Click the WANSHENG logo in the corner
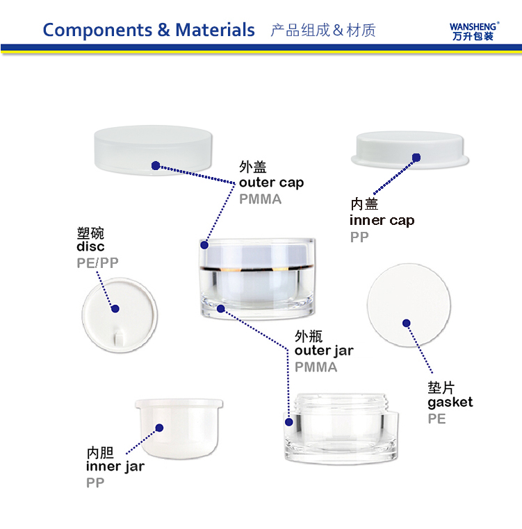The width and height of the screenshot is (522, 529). coord(474,31)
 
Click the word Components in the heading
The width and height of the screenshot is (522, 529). coord(97,31)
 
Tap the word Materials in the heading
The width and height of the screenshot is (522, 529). coord(215,30)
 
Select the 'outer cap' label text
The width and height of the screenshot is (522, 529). coord(271,183)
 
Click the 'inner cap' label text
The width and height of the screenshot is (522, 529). coord(382,220)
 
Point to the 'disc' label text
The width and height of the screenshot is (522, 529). coord(90,246)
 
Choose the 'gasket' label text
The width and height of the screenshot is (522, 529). coord(450,403)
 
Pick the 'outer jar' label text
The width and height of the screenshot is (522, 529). coord(324,351)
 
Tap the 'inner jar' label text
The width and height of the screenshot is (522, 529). coord(115,467)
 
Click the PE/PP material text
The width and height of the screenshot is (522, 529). coord(97,263)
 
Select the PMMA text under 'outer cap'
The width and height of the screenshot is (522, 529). coord(260,199)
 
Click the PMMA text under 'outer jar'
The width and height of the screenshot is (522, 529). coord(316,367)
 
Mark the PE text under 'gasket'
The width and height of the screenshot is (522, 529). coord(437,419)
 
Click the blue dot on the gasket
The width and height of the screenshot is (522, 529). coord(407,324)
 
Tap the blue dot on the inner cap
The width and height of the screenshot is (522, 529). coord(416,157)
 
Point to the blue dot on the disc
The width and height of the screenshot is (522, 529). coord(115,308)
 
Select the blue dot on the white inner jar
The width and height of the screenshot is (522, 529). coord(159,428)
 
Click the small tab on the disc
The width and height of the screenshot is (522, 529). coord(119,338)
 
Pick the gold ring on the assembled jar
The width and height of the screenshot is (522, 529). coord(256,269)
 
